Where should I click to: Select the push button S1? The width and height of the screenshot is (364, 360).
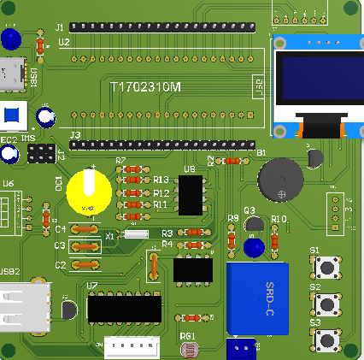pos(326,267)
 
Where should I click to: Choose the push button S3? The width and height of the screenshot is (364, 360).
pos(326,339)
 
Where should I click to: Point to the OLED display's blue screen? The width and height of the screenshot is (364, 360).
pos(314,82)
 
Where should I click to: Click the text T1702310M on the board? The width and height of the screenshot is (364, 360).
pos(146,86)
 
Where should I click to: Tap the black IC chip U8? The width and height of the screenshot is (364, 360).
pos(191,195)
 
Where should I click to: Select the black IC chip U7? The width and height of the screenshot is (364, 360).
pos(125,308)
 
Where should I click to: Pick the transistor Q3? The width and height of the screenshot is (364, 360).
pos(254,225)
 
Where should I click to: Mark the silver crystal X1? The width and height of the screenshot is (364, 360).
pos(136,233)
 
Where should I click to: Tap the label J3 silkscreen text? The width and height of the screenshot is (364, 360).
pos(74,136)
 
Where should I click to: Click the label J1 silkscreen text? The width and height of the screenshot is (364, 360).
pos(60,27)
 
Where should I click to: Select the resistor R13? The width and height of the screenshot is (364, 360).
pos(132,180)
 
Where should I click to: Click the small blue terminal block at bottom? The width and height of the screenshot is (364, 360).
pos(243,349)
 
